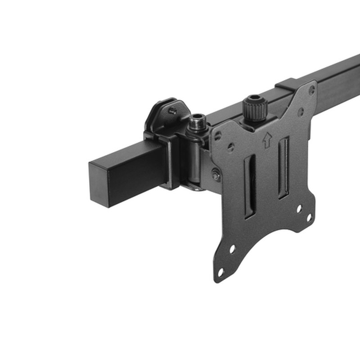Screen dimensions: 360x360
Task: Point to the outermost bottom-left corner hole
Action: point(220,272)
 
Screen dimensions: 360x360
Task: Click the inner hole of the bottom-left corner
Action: point(232,248)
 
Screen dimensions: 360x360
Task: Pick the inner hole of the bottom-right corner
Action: point(298,208)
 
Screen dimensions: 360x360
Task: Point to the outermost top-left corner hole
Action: point(218,135)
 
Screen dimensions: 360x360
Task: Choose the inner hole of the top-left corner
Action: point(230,147)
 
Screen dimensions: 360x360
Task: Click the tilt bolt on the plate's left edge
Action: point(216,175)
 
